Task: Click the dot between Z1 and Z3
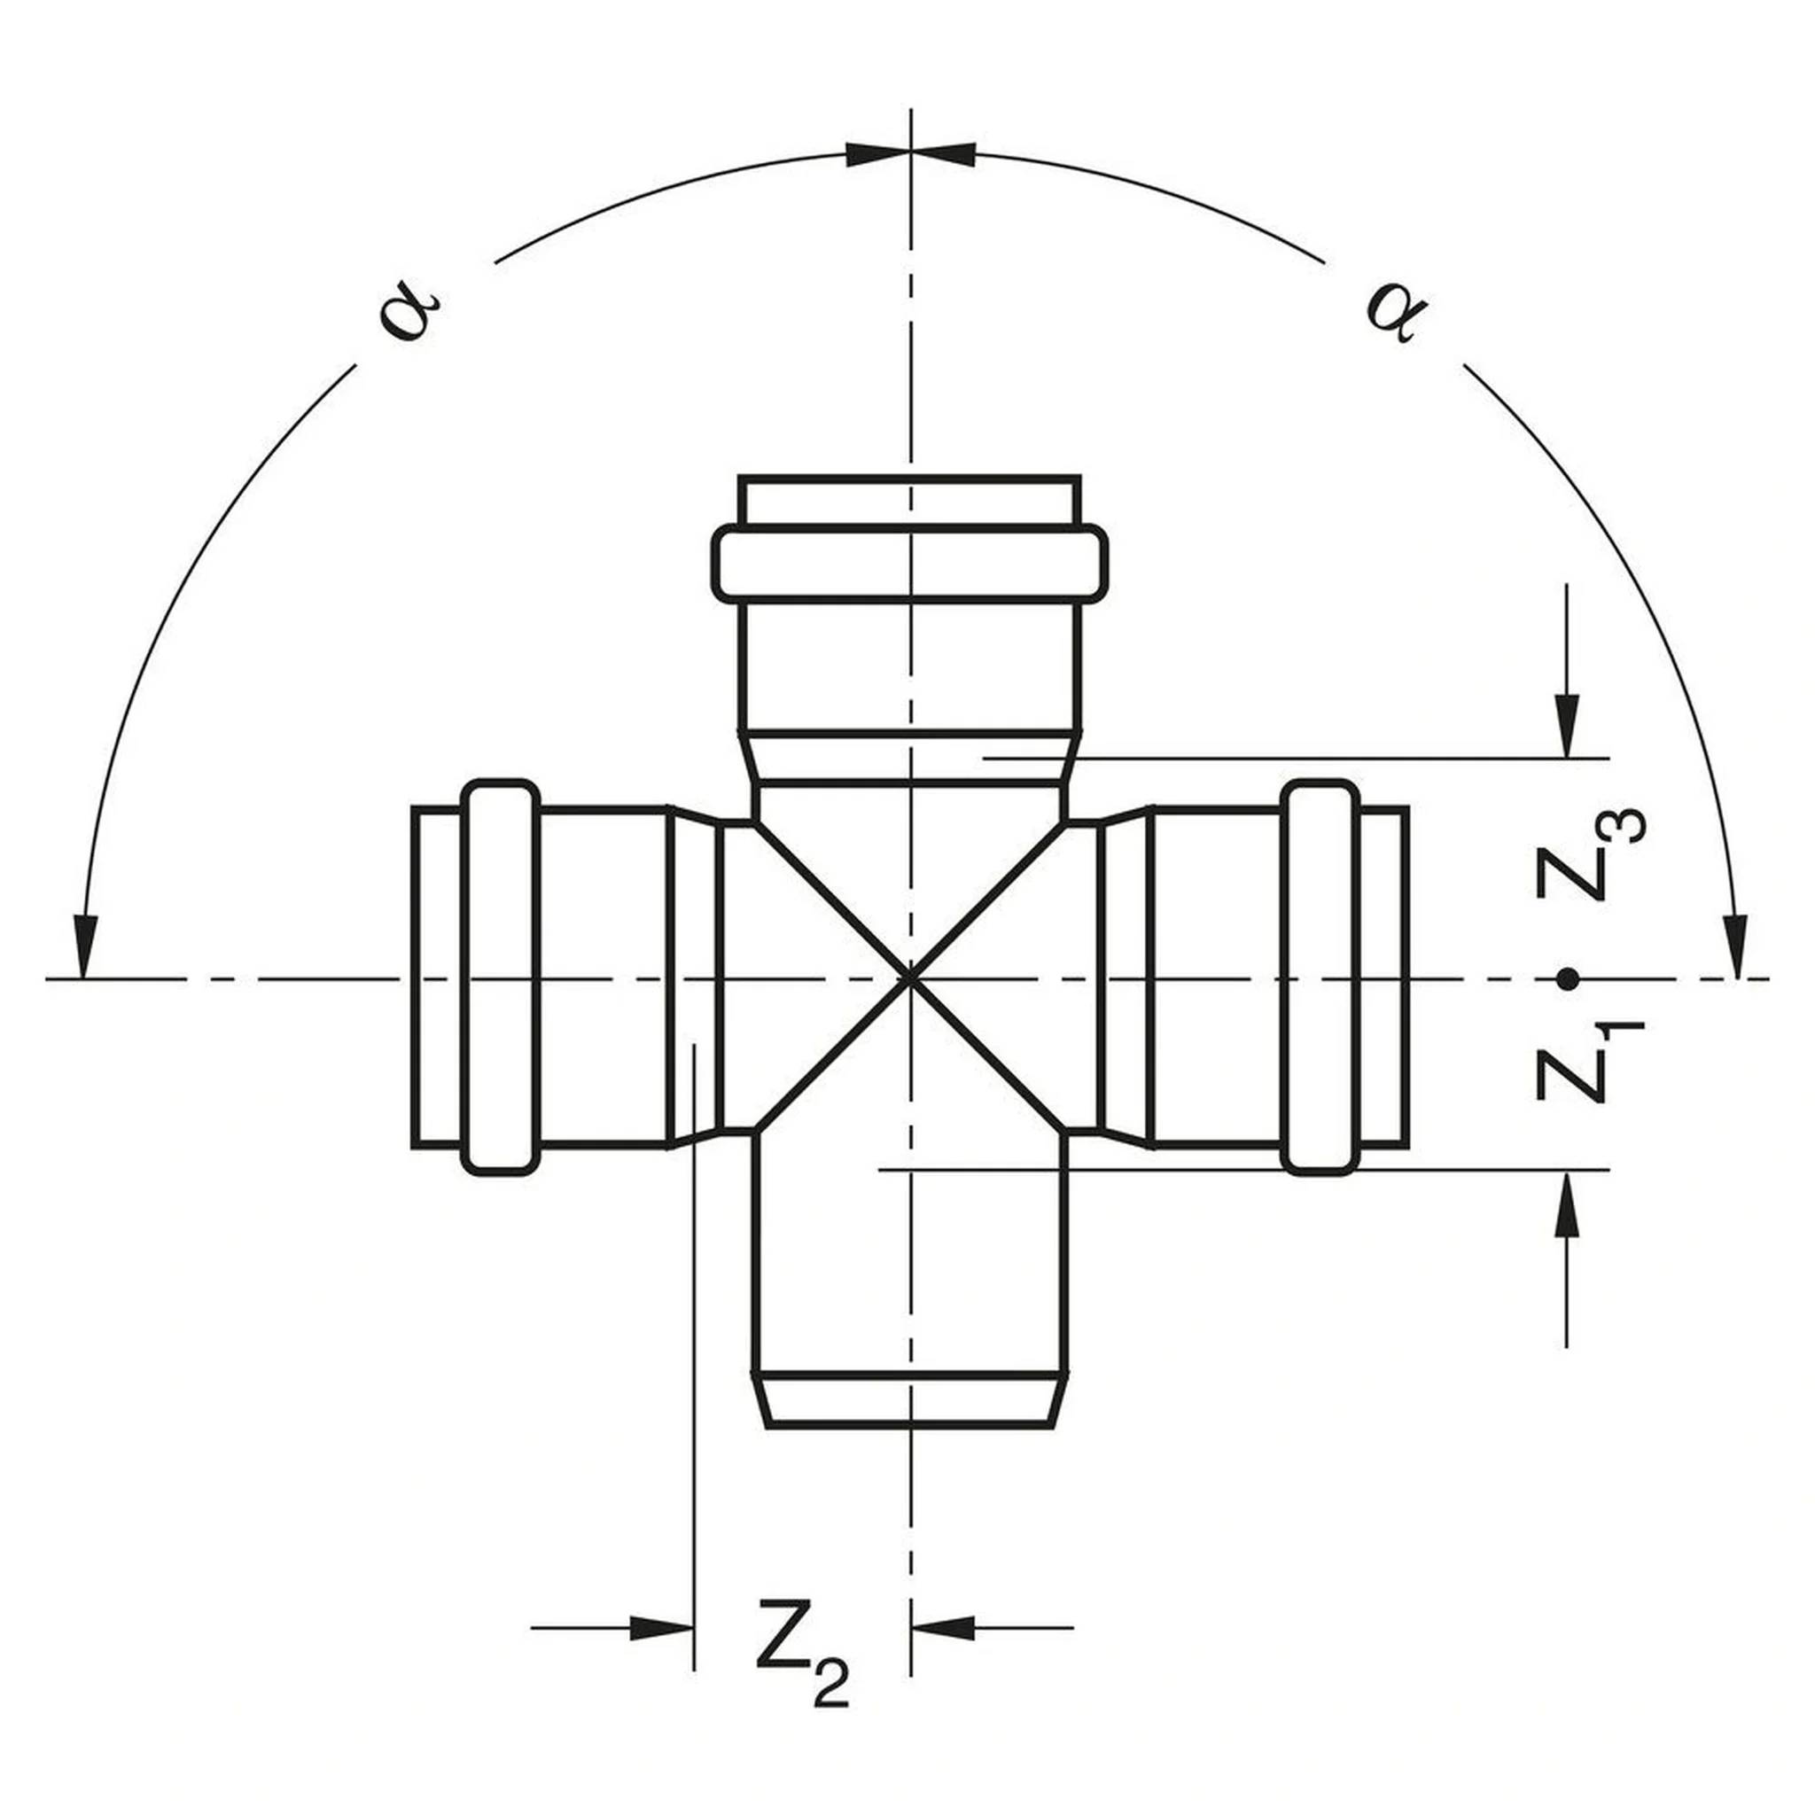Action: (x=1566, y=979)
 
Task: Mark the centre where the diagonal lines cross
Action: (x=909, y=979)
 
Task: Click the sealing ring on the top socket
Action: (x=909, y=564)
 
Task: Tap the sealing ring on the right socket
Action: (x=1320, y=977)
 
